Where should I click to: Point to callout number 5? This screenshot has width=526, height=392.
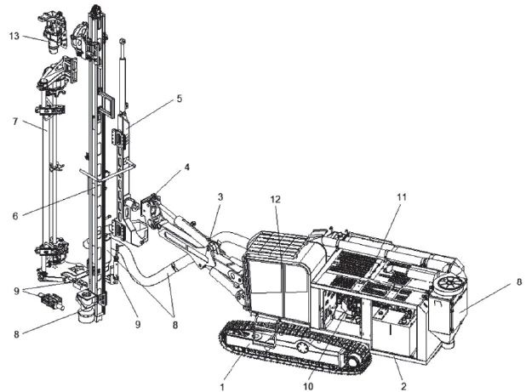click(180, 98)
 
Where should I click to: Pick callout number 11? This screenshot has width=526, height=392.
click(401, 196)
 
